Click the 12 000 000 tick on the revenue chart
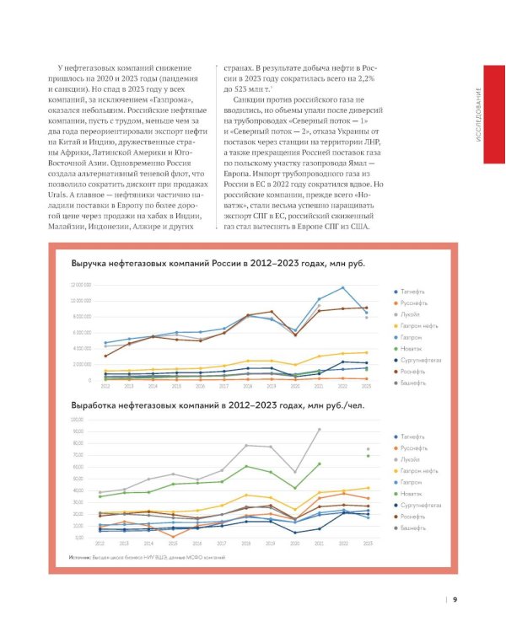point(82,286)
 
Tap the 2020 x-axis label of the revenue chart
point(295,385)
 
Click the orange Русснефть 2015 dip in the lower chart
point(174,536)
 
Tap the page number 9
point(455,600)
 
